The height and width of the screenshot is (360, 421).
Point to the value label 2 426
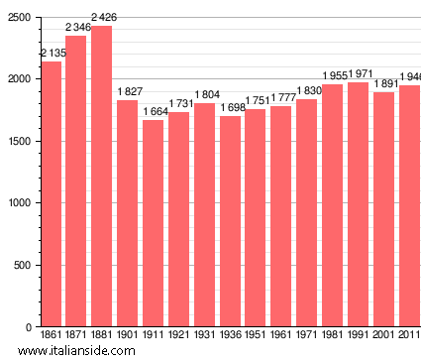[x=102, y=17]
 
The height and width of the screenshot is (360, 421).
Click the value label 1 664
[x=154, y=111]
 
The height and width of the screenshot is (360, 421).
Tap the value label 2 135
[x=51, y=53]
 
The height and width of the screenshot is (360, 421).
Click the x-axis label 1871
[x=76, y=336]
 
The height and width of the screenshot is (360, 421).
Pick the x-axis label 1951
[x=256, y=336]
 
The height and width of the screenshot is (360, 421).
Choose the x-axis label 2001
[x=384, y=336]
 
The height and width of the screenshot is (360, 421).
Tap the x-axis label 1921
[x=178, y=336]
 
